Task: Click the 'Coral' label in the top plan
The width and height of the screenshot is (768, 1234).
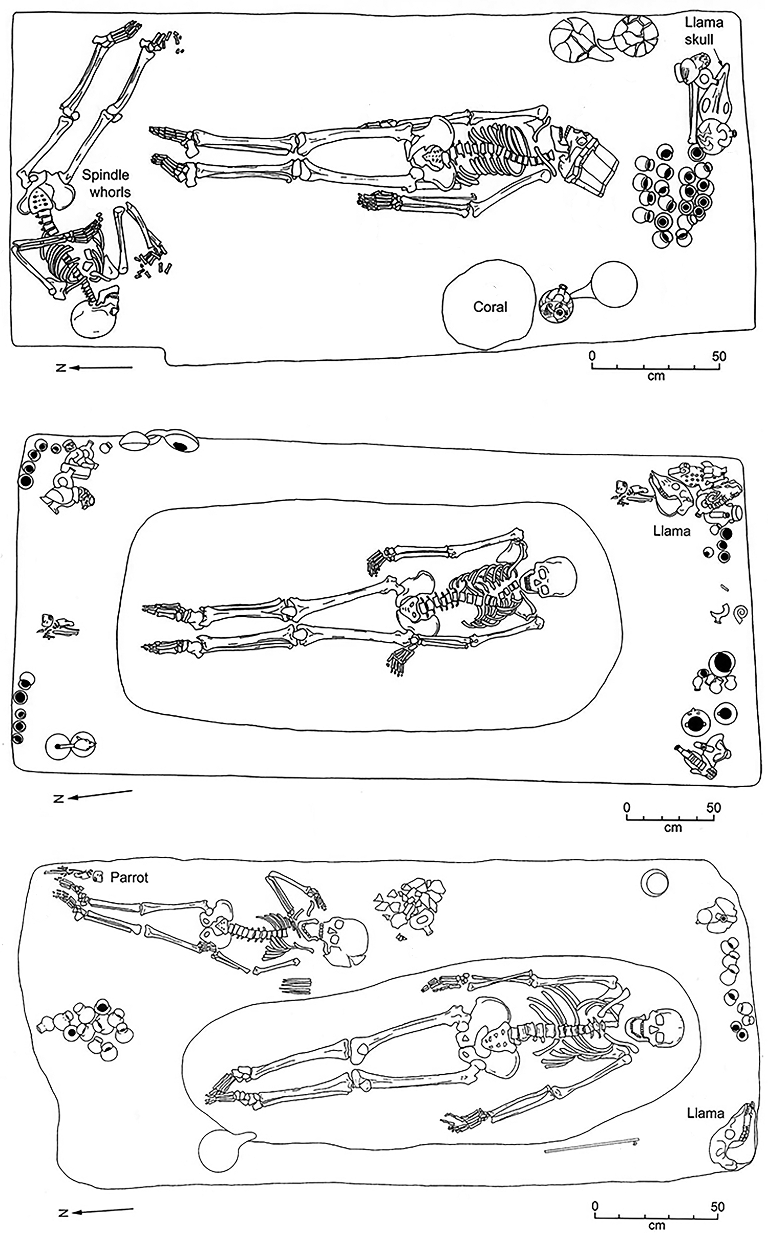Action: pyautogui.click(x=490, y=307)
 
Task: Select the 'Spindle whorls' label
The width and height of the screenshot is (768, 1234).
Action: pyautogui.click(x=106, y=183)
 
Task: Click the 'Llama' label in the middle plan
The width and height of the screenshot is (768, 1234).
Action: pyautogui.click(x=671, y=531)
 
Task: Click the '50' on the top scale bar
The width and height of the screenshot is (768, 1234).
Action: pyautogui.click(x=718, y=356)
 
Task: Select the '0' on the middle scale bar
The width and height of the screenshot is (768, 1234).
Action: pyautogui.click(x=626, y=808)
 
